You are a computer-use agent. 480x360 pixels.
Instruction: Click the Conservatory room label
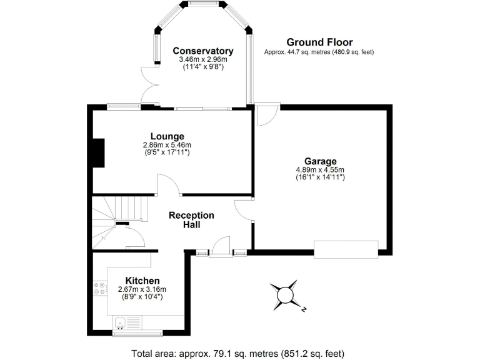[203, 51]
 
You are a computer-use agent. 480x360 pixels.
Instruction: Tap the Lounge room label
[167, 136]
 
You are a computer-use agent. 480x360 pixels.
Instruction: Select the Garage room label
[321, 161]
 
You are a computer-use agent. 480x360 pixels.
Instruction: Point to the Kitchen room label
[142, 281]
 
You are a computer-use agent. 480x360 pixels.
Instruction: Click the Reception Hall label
[191, 220]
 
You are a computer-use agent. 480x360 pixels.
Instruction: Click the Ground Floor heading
[319, 42]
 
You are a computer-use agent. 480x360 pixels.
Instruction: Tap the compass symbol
[286, 294]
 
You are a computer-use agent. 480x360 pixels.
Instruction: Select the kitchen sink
[121, 322]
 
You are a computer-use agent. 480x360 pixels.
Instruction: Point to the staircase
[119, 212]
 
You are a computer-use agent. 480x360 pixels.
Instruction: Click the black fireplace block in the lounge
[98, 153]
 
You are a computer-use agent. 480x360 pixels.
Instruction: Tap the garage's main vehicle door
[346, 249]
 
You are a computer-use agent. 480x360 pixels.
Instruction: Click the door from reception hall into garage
[244, 211]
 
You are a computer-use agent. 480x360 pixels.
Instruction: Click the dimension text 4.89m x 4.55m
[321, 169]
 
